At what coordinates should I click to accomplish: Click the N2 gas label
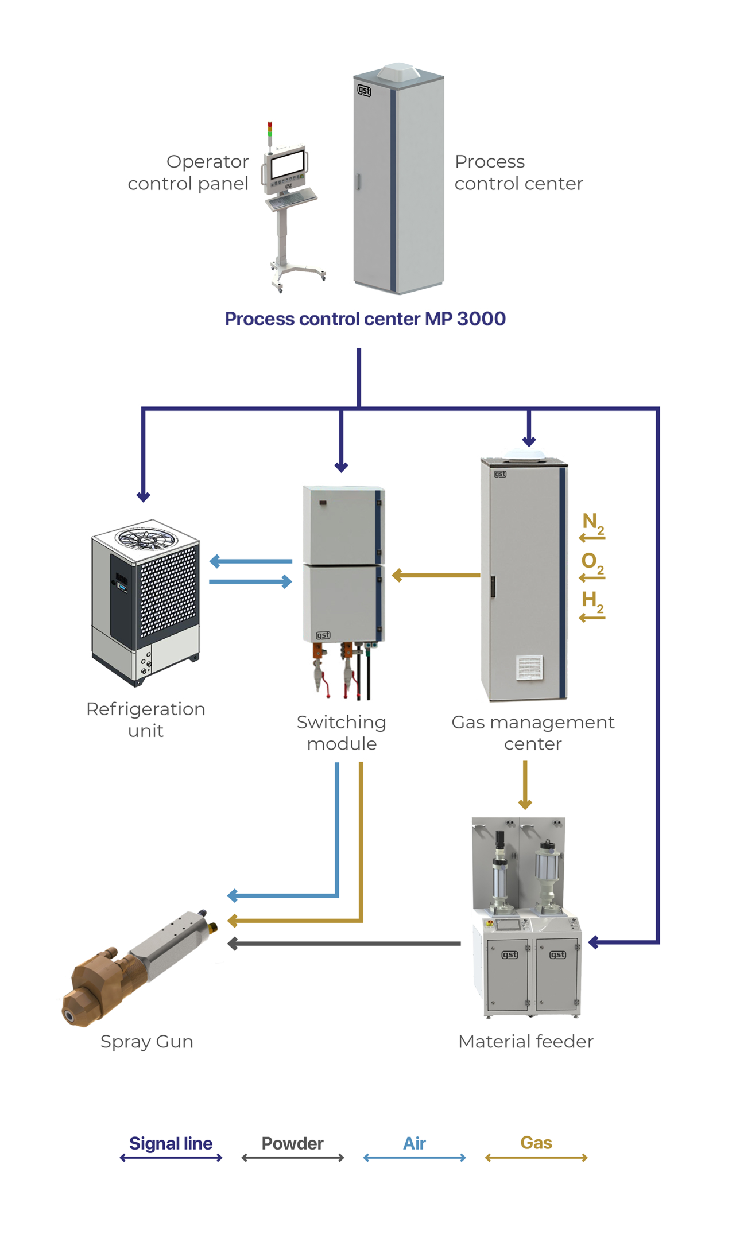[592, 523]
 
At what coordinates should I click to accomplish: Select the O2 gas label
[592, 562]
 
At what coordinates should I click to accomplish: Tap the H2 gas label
[592, 601]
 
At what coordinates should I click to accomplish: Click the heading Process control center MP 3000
[365, 319]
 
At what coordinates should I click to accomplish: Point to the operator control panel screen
[287, 165]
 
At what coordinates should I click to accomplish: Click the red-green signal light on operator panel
[270, 129]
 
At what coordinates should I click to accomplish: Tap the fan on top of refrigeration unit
[146, 538]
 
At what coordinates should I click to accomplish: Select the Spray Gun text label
[147, 1042]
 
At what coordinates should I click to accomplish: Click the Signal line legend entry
[171, 1143]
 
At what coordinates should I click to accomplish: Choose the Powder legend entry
[292, 1143]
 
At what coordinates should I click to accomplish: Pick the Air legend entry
[414, 1143]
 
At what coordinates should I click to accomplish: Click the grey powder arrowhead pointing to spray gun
[233, 944]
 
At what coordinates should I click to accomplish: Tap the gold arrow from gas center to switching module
[436, 575]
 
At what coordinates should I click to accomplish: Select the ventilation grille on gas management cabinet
[529, 667]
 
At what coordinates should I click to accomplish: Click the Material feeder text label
[525, 1042]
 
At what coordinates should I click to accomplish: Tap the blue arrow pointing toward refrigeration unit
[250, 561]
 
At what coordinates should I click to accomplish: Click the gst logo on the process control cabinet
[364, 90]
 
